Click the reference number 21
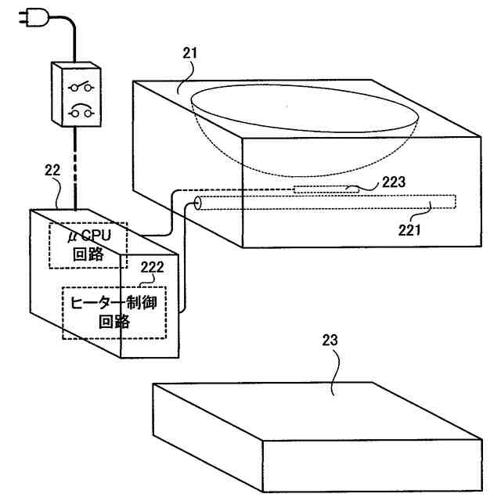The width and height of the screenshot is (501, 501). pos(190,54)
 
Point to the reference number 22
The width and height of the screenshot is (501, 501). pos(52,170)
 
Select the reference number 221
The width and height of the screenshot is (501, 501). pos(409,229)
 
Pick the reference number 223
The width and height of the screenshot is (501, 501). pos(394,182)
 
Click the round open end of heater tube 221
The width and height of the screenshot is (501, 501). pos(197,205)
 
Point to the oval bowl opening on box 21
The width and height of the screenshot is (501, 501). pos(305,109)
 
